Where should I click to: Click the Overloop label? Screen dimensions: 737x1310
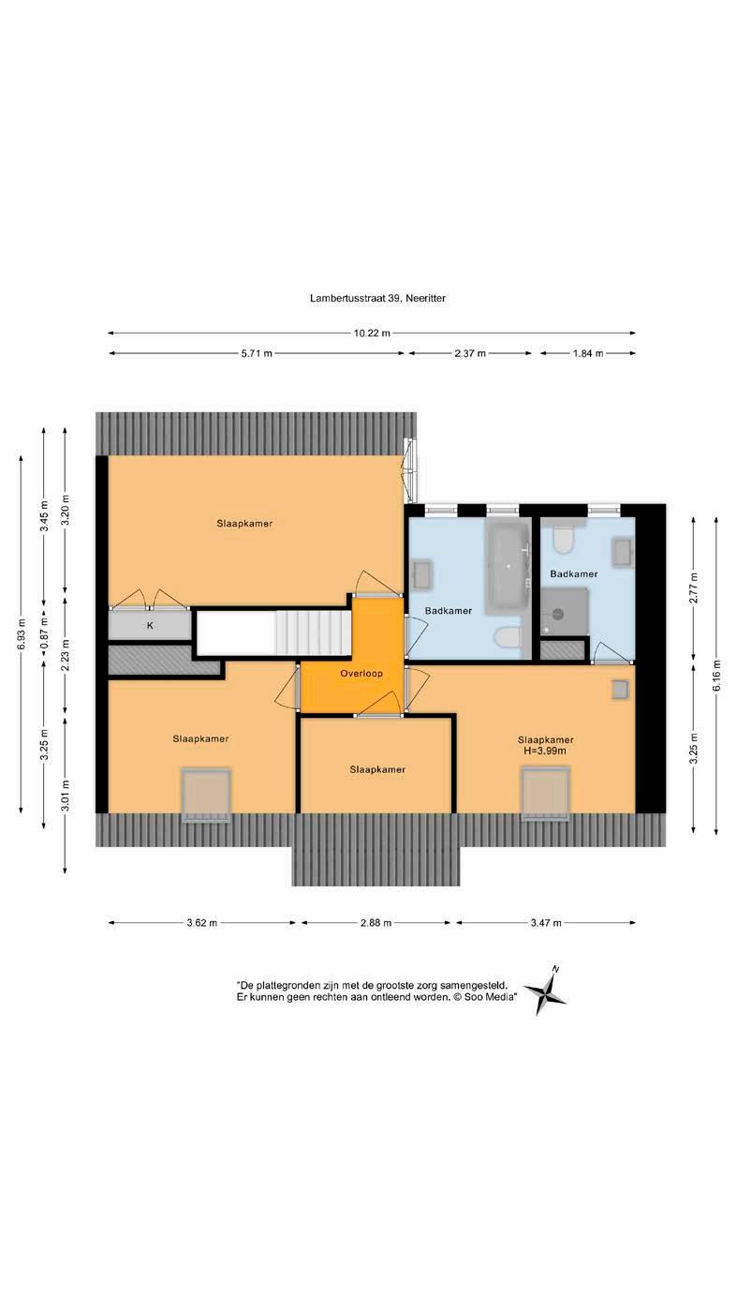click(361, 673)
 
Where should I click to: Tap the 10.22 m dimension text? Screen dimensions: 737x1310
click(372, 334)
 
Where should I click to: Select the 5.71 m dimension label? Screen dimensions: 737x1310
click(257, 353)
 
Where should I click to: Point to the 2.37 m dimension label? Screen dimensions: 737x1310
click(470, 353)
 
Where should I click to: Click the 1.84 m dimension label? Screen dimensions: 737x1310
click(588, 353)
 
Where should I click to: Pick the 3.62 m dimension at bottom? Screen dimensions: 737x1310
click(201, 923)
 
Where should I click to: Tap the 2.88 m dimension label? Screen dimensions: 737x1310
click(376, 923)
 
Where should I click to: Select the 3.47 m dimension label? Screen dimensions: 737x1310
click(546, 923)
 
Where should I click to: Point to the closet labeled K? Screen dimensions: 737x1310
click(150, 625)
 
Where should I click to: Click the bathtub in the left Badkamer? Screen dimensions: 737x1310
click(508, 567)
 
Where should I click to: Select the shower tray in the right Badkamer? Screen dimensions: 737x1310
click(564, 611)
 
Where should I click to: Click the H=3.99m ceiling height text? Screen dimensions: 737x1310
click(545, 752)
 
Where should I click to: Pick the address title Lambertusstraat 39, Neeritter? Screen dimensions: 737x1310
click(377, 298)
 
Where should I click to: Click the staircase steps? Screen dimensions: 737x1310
click(314, 633)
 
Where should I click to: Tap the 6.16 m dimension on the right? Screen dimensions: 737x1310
click(716, 676)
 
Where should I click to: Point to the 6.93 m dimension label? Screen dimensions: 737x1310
click(21, 634)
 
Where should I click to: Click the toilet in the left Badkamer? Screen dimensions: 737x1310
click(507, 637)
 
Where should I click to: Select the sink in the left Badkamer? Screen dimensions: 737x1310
click(421, 574)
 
